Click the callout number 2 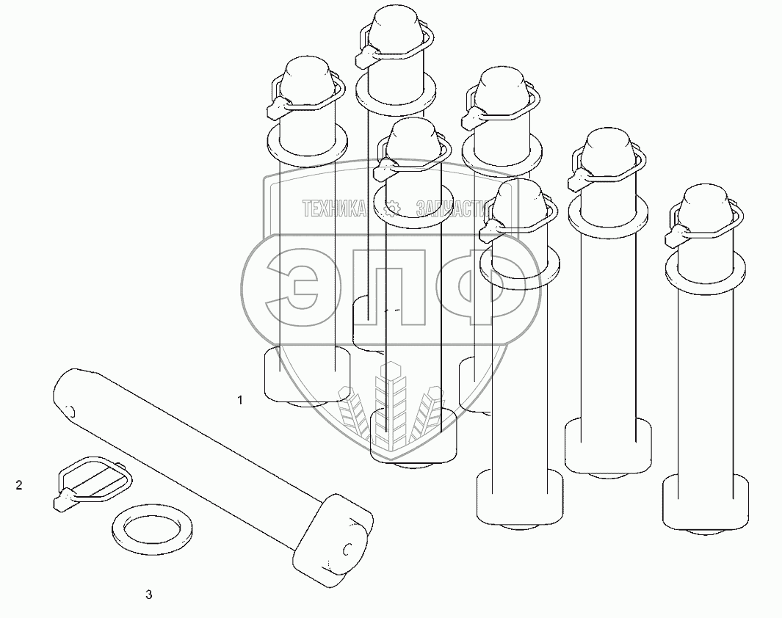19,485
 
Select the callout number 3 148,595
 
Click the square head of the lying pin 333,539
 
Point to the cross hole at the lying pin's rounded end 70,412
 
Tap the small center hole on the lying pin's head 347,549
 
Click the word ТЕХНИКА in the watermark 335,209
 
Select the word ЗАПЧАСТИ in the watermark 452,209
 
